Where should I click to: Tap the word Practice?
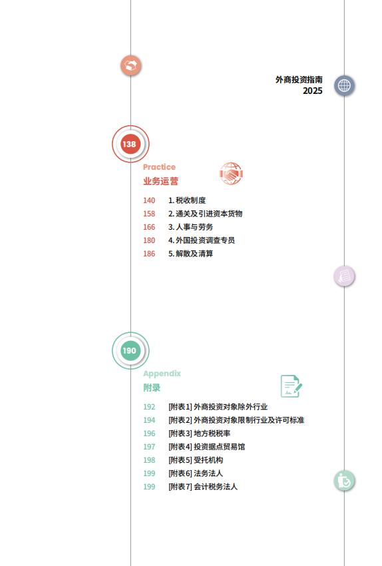[x=159, y=167]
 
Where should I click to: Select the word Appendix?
[x=162, y=374]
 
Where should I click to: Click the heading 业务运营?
[x=160, y=181]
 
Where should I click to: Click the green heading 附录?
[x=152, y=388]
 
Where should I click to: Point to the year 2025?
[x=313, y=91]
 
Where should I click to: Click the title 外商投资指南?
[x=299, y=79]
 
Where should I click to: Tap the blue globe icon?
[x=344, y=86]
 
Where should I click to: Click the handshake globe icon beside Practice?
[x=231, y=174]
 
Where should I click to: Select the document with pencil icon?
[x=291, y=386]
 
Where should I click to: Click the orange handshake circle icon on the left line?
[x=130, y=66]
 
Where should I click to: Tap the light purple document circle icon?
[x=344, y=276]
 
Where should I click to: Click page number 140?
[x=149, y=200]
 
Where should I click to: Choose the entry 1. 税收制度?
[x=187, y=200]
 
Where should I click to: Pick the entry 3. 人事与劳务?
[x=190, y=227]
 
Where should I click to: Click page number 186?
[x=149, y=254]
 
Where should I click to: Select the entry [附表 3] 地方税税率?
[x=199, y=433]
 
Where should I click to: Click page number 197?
[x=149, y=447]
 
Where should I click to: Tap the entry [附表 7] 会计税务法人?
[x=203, y=487]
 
